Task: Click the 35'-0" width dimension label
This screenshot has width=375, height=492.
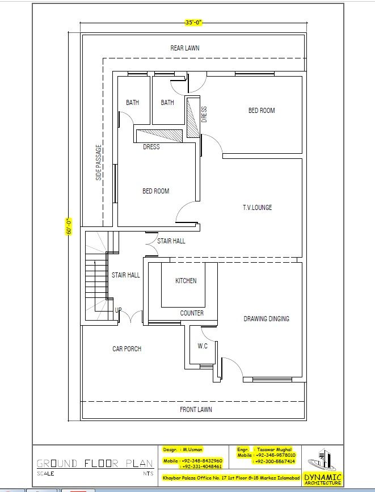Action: point(193,23)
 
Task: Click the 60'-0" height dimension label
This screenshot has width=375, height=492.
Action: point(69,226)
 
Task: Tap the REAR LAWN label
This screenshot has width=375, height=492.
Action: point(185,48)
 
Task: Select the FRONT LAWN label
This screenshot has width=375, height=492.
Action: point(196,409)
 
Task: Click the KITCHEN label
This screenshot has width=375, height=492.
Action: point(186,281)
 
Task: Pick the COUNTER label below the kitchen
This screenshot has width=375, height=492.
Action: point(192,313)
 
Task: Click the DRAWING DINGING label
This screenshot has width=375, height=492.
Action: point(266,319)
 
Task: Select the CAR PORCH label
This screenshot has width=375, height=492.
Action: point(127,349)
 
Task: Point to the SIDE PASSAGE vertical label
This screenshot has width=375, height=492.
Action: point(99,163)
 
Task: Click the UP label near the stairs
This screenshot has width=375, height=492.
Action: point(118,310)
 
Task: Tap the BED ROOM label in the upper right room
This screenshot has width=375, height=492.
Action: point(262,111)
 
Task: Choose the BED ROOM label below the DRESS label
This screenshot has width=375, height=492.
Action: point(155,191)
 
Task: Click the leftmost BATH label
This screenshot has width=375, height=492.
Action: point(132,103)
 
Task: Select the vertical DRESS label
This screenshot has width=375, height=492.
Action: point(204,114)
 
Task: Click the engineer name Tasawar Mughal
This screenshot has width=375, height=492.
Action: point(273,449)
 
